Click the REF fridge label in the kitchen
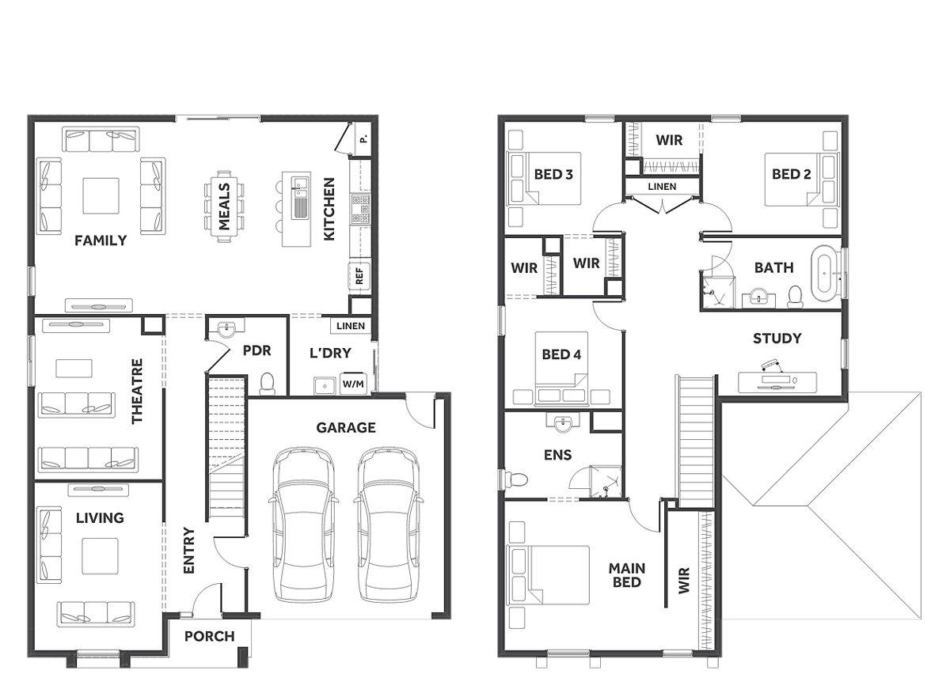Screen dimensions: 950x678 click(x=359, y=276)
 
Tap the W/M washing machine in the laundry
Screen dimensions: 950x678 click(x=353, y=384)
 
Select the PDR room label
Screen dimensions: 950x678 click(x=256, y=350)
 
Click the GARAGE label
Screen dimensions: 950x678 click(x=346, y=427)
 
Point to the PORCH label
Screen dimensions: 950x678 click(x=210, y=636)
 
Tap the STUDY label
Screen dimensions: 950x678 click(x=777, y=338)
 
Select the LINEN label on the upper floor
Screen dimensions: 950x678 click(x=662, y=187)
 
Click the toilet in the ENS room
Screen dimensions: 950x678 click(x=516, y=479)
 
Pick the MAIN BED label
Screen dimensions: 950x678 click(x=627, y=575)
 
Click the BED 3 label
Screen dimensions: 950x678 click(x=553, y=174)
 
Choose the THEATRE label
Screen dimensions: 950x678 click(x=138, y=391)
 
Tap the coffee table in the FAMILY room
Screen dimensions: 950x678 click(x=101, y=195)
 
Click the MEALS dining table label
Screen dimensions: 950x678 click(x=223, y=206)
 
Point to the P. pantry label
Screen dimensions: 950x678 click(x=363, y=138)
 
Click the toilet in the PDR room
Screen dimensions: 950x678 click(x=267, y=382)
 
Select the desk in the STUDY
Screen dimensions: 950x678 click(x=777, y=382)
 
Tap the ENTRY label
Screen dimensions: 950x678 click(x=188, y=550)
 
